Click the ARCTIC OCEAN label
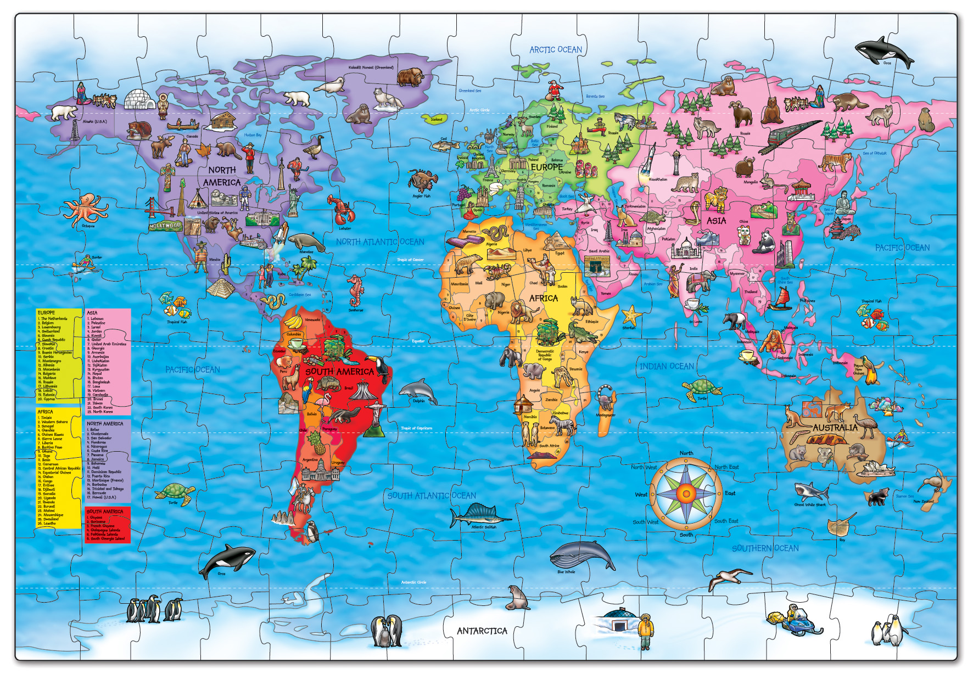coord(555,50)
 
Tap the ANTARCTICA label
coord(482,631)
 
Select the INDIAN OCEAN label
coord(666,366)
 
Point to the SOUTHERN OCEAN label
coord(765,548)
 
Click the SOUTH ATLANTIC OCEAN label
coord(432,496)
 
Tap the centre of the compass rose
coord(686,493)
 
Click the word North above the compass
coord(686,453)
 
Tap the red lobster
coord(342,210)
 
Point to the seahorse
coord(355,290)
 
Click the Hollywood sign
coord(165,226)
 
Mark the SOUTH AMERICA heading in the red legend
coord(105,512)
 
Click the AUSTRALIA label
coord(835,428)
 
